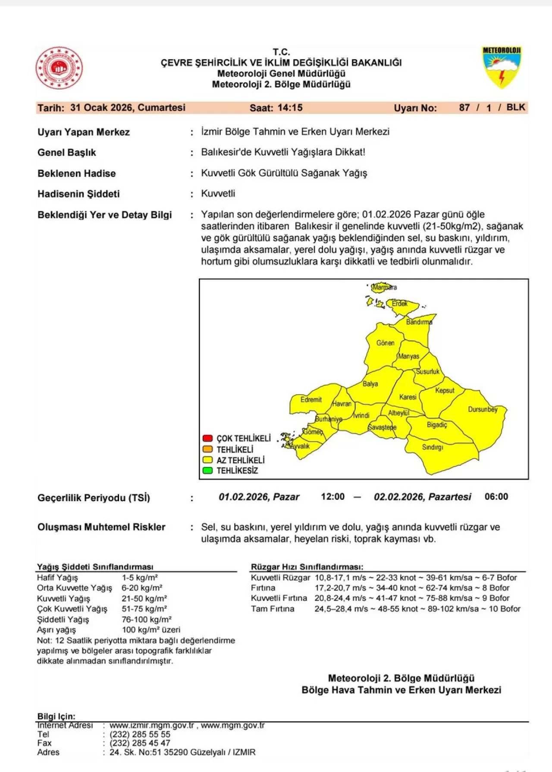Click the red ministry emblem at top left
[59, 68]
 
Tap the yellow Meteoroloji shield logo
[502, 67]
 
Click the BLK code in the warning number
[516, 107]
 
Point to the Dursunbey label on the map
[483, 409]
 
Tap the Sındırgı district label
[433, 447]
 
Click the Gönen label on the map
[385, 343]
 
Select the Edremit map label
[311, 400]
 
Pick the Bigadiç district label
[437, 425]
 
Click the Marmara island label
[384, 287]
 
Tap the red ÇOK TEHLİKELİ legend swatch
[207, 438]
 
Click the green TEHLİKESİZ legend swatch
[207, 471]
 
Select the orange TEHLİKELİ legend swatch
[207, 449]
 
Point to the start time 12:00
[332, 497]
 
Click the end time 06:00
[496, 497]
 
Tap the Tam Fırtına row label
[273, 609]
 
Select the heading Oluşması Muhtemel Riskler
[101, 527]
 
